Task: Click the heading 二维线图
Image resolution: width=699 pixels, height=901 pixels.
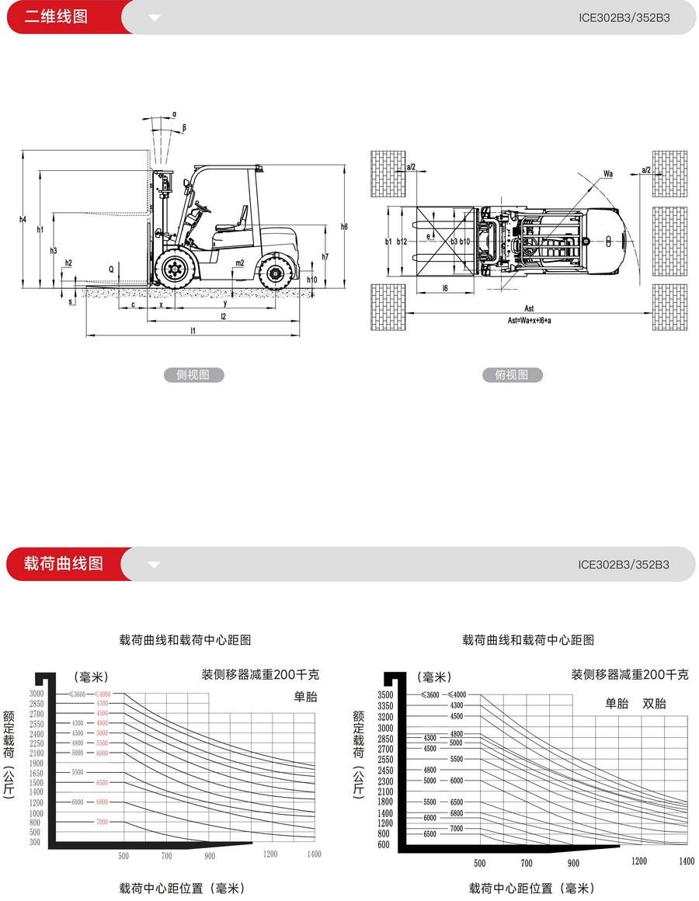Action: point(56,16)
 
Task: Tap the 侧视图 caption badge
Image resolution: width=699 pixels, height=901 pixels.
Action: point(193,375)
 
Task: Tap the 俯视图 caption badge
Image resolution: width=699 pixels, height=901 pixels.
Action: point(511,375)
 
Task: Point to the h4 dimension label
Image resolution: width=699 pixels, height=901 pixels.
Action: point(23,220)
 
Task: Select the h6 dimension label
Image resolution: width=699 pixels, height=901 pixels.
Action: point(344,226)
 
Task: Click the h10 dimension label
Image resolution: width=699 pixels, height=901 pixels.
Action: point(312,280)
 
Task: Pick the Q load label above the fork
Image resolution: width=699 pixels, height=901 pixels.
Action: point(112,269)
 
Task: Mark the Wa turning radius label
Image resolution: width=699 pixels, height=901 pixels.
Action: point(608,174)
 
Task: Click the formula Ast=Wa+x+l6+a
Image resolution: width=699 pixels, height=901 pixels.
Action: point(529,320)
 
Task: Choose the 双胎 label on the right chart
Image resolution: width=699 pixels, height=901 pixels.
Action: point(654,704)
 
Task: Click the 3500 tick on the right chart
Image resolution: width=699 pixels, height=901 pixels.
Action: point(385,694)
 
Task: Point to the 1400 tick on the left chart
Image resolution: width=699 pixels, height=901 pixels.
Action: point(313,854)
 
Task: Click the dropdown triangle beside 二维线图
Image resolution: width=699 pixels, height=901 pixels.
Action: point(154,17)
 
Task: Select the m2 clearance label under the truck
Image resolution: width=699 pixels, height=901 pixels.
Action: point(240,263)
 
